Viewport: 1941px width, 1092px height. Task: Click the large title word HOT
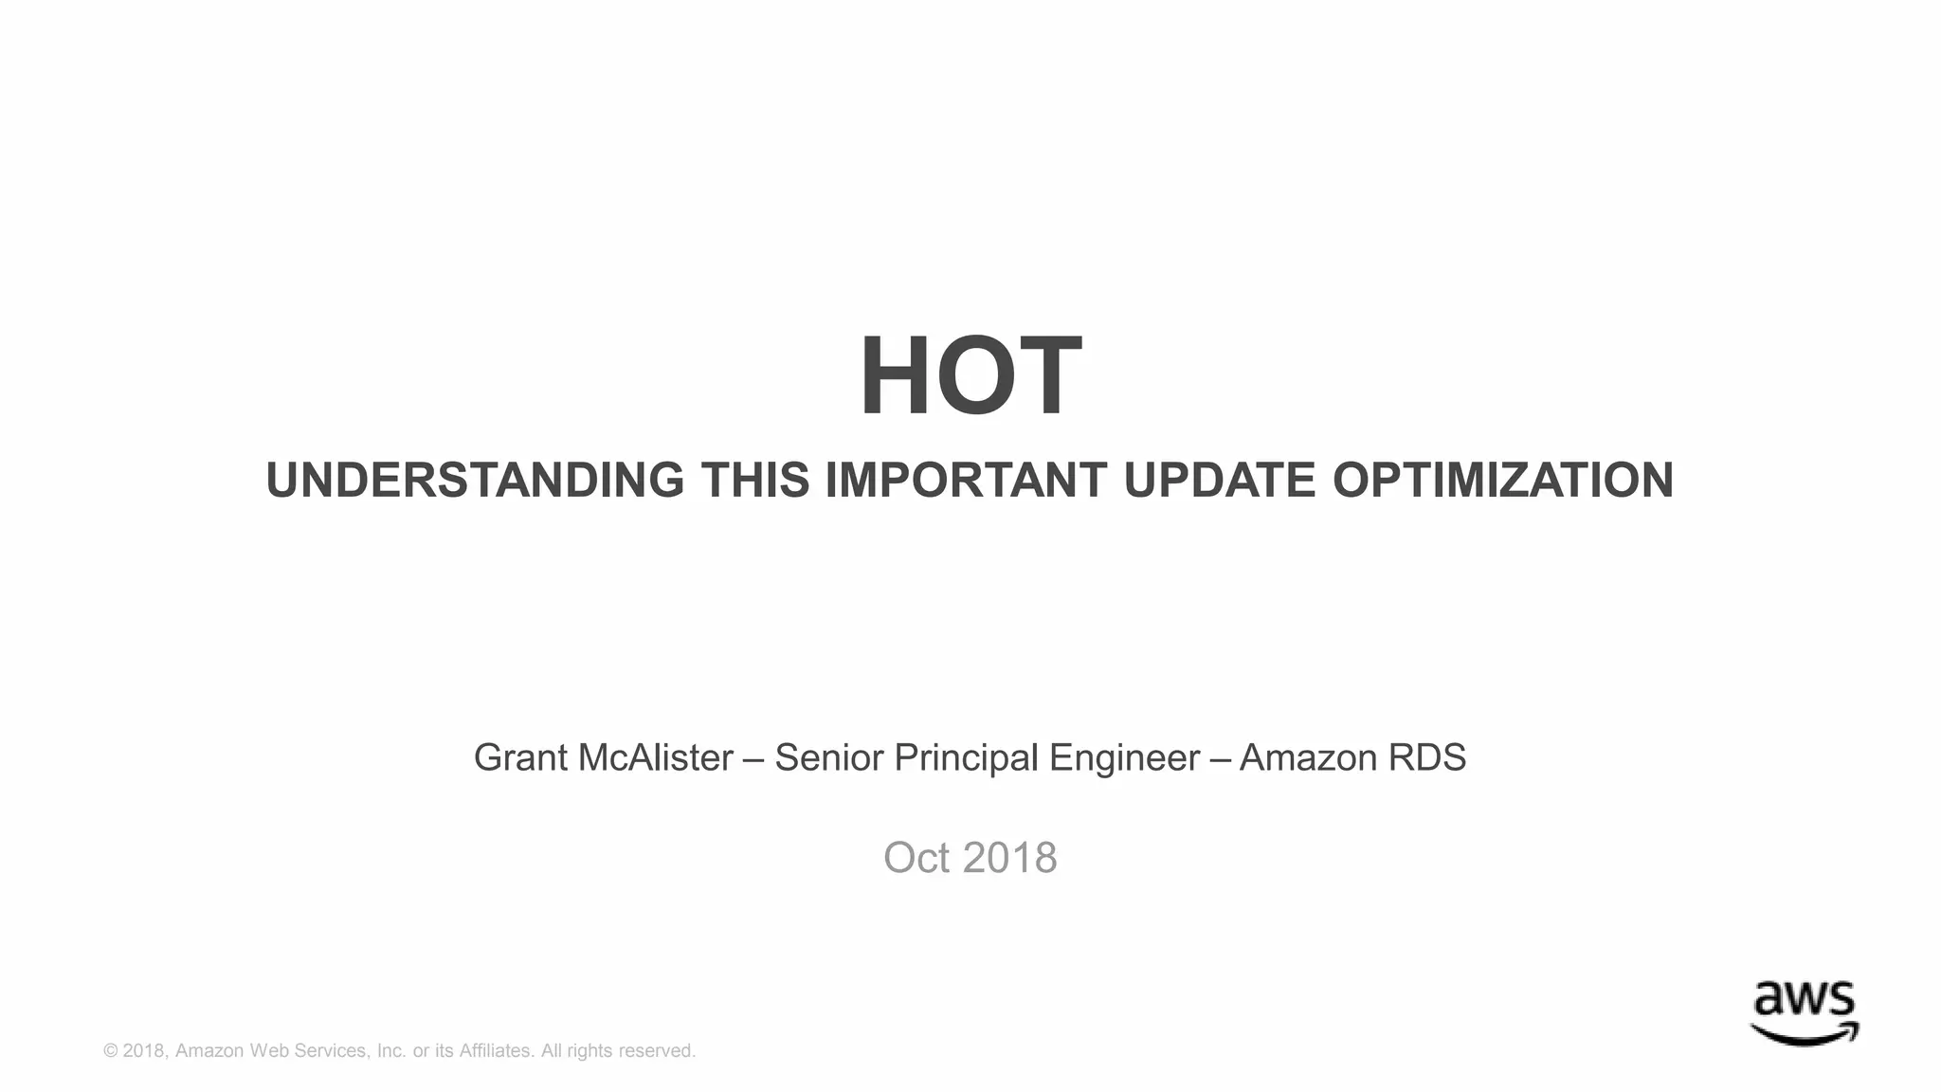point(970,377)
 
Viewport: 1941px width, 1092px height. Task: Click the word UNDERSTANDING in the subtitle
point(475,480)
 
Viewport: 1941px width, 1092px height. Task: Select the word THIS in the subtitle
point(754,480)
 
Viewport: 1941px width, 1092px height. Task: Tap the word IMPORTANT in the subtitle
point(966,480)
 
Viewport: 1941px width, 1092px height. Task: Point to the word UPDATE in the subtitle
point(1219,480)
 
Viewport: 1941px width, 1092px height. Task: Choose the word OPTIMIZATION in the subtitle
point(1503,480)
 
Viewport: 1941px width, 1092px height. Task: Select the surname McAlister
point(655,758)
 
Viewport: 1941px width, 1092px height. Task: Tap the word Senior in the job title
point(828,758)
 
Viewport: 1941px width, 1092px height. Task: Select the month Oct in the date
point(916,858)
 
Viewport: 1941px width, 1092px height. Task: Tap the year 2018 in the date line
point(1009,858)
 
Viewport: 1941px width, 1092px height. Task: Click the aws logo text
point(1804,1000)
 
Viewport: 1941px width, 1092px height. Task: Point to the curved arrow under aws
point(1804,1034)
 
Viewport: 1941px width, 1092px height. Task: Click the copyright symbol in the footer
point(110,1051)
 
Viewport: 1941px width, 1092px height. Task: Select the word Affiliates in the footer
point(496,1051)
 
